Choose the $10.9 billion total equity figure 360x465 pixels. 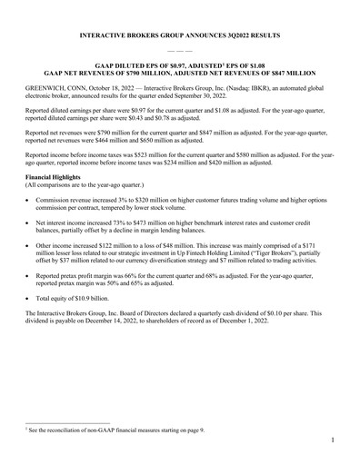pyautogui.click(x=95, y=322)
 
